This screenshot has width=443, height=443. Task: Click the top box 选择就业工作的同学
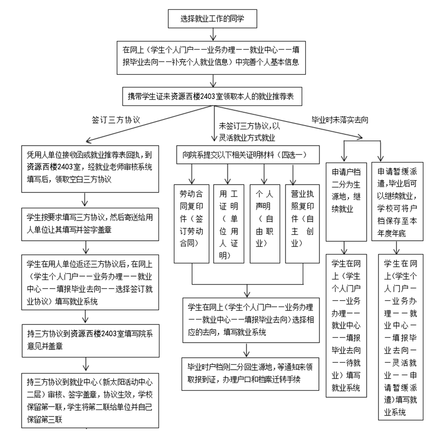213,19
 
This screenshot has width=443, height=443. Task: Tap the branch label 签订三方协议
116,120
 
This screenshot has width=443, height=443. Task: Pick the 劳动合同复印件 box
191,222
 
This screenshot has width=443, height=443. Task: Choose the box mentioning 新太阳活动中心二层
91,400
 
